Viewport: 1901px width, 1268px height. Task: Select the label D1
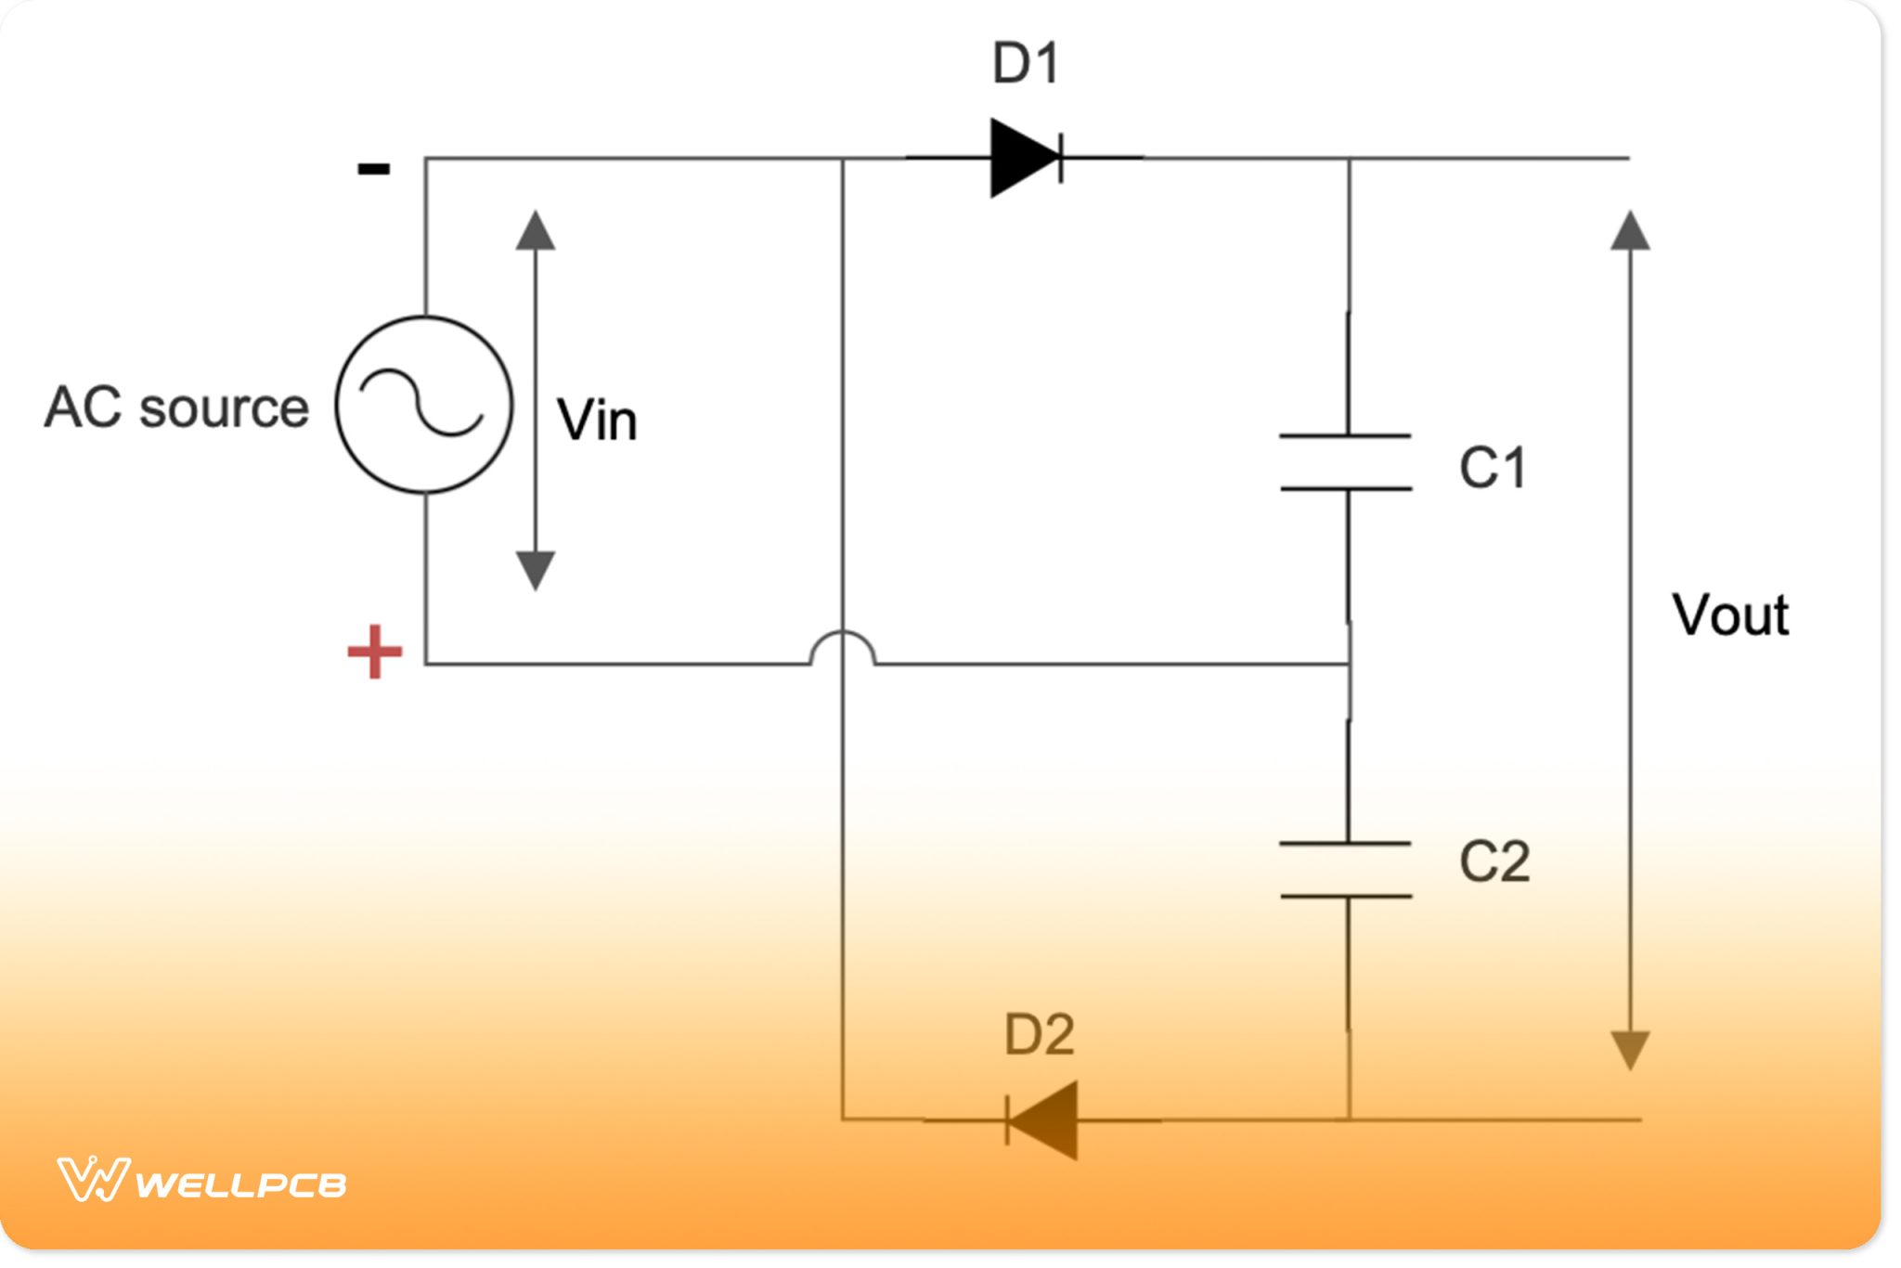pos(1026,64)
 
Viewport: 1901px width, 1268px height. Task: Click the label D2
pos(1039,1034)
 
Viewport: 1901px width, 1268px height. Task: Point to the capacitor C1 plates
pos(1346,461)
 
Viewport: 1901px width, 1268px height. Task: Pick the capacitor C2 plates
pos(1346,870)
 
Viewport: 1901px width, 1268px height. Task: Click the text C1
pos(1493,467)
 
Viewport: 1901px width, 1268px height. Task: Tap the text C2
pos(1494,861)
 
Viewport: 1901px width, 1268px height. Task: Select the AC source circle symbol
pos(424,405)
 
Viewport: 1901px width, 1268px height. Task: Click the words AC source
pos(176,408)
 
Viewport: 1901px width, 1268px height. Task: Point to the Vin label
pos(597,420)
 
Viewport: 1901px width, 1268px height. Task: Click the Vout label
pos(1730,615)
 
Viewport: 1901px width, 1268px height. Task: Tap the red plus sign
pos(374,652)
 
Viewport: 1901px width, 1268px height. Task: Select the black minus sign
pos(374,169)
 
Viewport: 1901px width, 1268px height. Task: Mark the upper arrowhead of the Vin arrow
pos(536,230)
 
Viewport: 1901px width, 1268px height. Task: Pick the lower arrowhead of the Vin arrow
pos(536,569)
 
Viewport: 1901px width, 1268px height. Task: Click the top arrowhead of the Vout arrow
pos(1630,230)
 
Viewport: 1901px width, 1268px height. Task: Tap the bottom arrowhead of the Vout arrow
pos(1630,1050)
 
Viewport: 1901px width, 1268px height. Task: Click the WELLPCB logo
pos(201,1181)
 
